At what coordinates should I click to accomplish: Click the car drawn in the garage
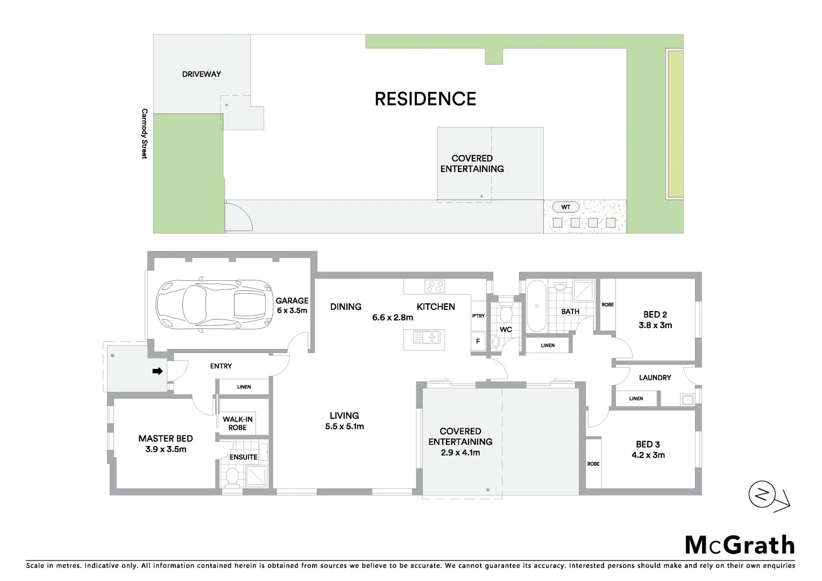click(x=213, y=304)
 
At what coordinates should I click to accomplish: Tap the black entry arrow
click(x=157, y=371)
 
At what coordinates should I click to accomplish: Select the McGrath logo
click(x=740, y=545)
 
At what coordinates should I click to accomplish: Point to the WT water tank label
click(x=565, y=207)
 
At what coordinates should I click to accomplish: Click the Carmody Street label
click(x=144, y=133)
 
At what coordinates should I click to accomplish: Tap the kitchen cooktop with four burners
click(x=435, y=286)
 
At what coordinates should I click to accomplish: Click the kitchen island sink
click(x=427, y=338)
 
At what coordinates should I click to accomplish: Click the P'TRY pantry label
click(x=478, y=316)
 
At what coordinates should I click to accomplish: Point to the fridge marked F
click(x=478, y=341)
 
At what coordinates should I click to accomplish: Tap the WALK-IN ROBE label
click(x=237, y=423)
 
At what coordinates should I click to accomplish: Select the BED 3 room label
click(x=648, y=444)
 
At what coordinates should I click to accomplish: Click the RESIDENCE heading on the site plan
click(x=425, y=99)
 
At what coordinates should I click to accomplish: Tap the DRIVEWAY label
click(x=201, y=74)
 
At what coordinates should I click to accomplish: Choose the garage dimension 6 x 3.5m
click(x=292, y=310)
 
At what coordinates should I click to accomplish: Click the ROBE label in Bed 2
click(x=607, y=305)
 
